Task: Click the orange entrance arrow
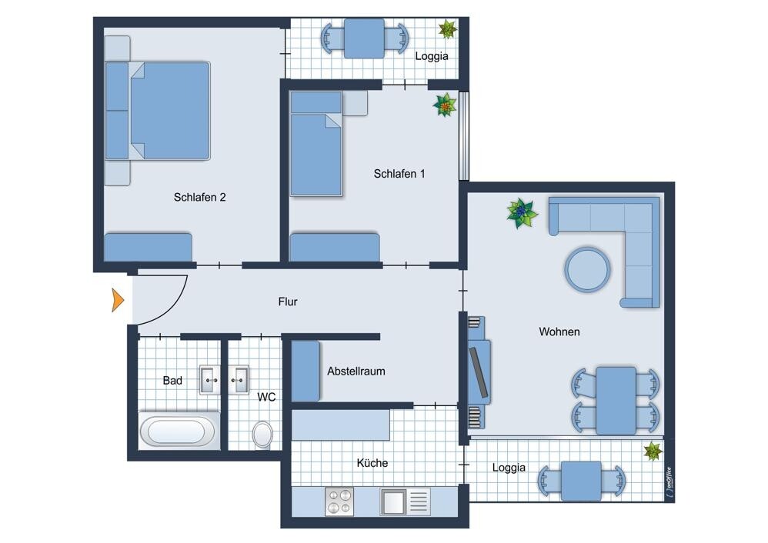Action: [118, 300]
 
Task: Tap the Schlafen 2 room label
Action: [200, 198]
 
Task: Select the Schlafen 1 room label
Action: [399, 174]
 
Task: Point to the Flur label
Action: [288, 301]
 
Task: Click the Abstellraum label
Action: [356, 371]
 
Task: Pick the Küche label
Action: [372, 463]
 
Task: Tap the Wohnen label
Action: [559, 331]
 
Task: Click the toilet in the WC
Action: [262, 435]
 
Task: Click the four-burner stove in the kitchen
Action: [339, 501]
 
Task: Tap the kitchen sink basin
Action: [393, 501]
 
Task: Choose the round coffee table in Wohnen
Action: [588, 270]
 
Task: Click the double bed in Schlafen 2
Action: [158, 111]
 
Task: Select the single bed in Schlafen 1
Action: [316, 144]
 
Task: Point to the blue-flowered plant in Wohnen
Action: [522, 213]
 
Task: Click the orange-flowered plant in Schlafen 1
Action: [445, 105]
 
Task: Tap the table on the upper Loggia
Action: [365, 38]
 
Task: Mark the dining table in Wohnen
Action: [616, 401]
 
